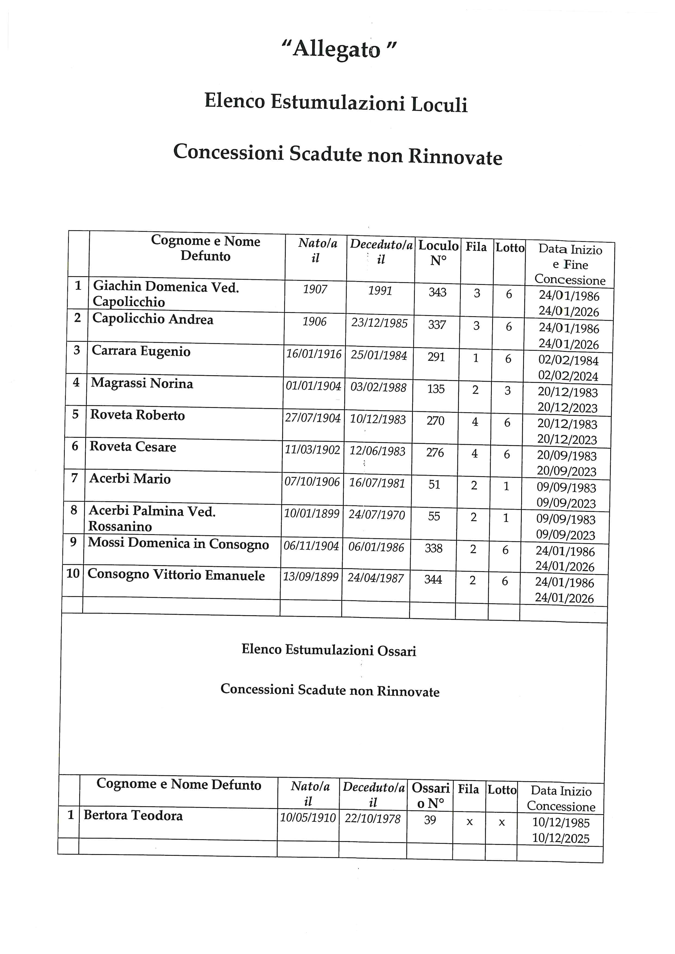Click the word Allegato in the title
(337, 50)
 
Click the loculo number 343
(437, 293)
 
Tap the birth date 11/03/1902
(312, 450)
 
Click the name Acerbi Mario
(130, 479)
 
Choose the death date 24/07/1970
(377, 515)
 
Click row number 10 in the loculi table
(73, 573)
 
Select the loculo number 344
(433, 579)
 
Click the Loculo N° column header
(438, 253)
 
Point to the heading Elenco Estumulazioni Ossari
(329, 650)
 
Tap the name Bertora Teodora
(133, 815)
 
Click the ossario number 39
(430, 820)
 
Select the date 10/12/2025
(561, 838)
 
